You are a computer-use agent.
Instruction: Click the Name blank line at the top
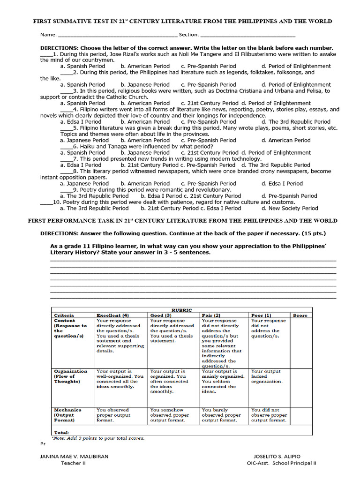[117, 35]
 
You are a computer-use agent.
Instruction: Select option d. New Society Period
[289, 208]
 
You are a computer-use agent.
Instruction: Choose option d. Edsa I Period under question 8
[282, 184]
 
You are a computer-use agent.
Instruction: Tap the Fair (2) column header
[211, 315]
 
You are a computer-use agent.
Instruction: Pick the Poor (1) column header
[261, 315]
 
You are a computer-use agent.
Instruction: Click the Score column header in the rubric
[300, 315]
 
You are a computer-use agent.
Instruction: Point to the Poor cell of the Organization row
[267, 376]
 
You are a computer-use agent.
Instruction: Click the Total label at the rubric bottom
[61, 432]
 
